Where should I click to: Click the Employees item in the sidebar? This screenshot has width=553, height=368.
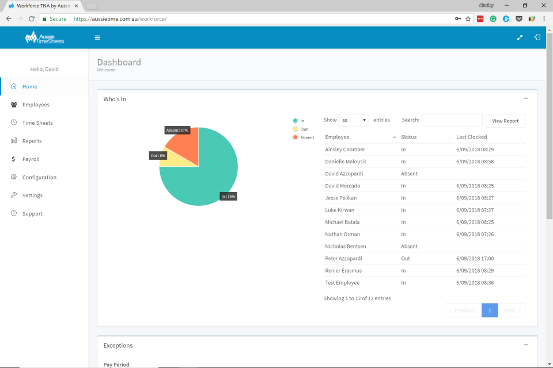[36, 105]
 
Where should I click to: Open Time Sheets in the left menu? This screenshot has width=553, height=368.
[37, 123]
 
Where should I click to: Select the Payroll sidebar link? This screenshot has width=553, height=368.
[31, 159]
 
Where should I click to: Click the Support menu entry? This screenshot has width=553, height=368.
[32, 214]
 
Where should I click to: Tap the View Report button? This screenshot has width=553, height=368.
[505, 121]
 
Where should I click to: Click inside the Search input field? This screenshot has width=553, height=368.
[452, 120]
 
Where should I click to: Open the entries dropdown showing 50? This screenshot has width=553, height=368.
[353, 121]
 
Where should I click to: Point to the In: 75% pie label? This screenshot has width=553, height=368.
[228, 196]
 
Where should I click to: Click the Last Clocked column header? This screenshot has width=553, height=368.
[471, 137]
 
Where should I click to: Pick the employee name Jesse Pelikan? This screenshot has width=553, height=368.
[342, 198]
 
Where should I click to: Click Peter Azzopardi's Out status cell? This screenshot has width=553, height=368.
[406, 259]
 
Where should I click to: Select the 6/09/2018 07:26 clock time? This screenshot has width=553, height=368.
[475, 235]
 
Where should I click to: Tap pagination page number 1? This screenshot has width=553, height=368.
[490, 310]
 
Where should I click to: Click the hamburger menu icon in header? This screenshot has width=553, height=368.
[97, 38]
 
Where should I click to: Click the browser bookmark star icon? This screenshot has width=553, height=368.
[468, 19]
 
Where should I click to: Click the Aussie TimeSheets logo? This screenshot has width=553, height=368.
[44, 38]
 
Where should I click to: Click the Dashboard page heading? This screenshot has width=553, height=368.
[119, 62]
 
